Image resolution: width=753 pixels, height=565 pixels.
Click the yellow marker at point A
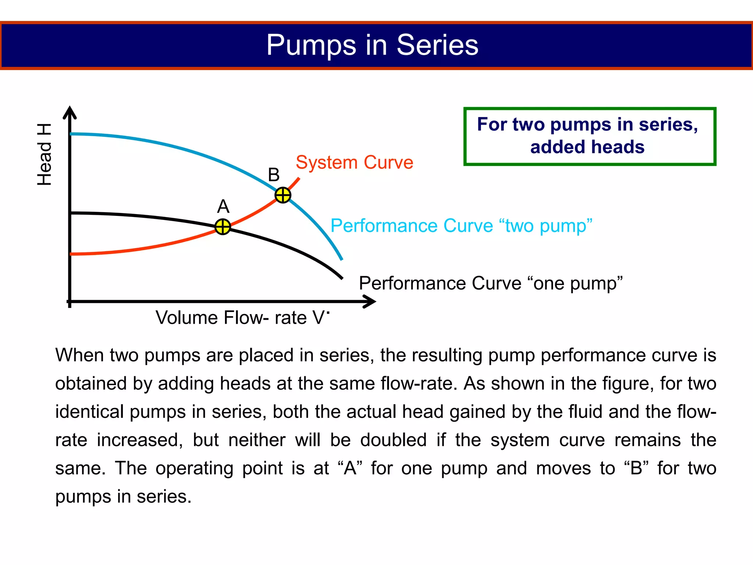222,227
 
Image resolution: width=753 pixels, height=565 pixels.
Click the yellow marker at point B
283,195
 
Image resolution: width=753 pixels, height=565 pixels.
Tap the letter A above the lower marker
223,206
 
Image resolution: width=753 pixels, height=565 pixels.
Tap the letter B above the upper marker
274,175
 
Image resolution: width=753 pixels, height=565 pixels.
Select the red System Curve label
354,162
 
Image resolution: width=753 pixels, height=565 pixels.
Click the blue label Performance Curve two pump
461,225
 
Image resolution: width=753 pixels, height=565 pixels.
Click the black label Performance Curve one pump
490,283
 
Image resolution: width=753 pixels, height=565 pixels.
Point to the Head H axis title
44,154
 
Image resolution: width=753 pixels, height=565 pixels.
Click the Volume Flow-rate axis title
242,317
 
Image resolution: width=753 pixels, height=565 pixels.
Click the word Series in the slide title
437,45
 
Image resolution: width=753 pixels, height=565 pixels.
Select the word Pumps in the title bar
311,45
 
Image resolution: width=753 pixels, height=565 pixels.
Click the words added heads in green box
587,147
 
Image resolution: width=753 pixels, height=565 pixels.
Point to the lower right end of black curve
341,278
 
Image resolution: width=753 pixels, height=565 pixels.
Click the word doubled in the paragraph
393,440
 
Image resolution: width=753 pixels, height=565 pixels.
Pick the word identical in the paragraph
89,412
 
